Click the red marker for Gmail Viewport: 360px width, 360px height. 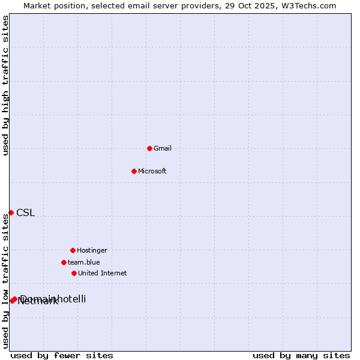point(149,148)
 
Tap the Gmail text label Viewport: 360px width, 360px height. point(163,149)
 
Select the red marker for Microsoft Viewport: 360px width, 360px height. point(134,171)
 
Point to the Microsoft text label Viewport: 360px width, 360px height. point(152,172)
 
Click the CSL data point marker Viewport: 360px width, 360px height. point(11,212)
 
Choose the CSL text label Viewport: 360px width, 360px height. point(25,213)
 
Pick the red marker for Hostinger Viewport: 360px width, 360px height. point(73,250)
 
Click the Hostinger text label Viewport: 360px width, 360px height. point(92,251)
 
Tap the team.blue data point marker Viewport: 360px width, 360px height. point(64,262)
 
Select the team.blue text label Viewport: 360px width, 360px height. point(84,263)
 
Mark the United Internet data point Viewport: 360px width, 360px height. point(74,273)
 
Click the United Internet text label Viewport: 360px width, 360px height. point(103,274)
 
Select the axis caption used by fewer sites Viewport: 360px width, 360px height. point(62,356)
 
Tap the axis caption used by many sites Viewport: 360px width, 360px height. point(301,356)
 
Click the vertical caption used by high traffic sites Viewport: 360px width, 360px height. point(5,86)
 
